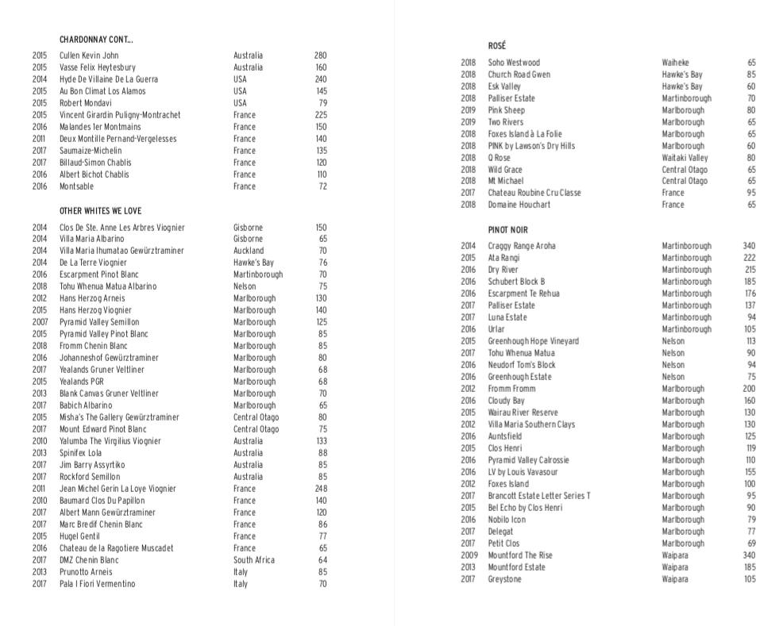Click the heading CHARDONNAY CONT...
pyautogui.click(x=96, y=40)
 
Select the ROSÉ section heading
pyautogui.click(x=496, y=46)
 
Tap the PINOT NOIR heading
pyautogui.click(x=508, y=230)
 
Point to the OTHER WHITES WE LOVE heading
pyautogui.click(x=100, y=211)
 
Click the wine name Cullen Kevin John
pyautogui.click(x=89, y=56)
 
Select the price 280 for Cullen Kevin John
pyautogui.click(x=320, y=56)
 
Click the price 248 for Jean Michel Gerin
pyautogui.click(x=320, y=489)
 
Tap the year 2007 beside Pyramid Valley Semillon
pyautogui.click(x=40, y=322)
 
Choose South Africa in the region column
pyautogui.click(x=254, y=560)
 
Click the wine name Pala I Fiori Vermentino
pyautogui.click(x=97, y=584)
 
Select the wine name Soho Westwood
pyautogui.click(x=514, y=63)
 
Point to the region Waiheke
pyautogui.click(x=676, y=63)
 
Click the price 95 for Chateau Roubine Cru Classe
pyautogui.click(x=751, y=193)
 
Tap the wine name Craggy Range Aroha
pyautogui.click(x=522, y=246)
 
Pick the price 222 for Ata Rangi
pyautogui.click(x=749, y=258)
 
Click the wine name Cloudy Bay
pyautogui.click(x=506, y=401)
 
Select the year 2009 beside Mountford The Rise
pyautogui.click(x=468, y=555)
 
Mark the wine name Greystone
pyautogui.click(x=505, y=579)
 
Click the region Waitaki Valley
pyautogui.click(x=685, y=158)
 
